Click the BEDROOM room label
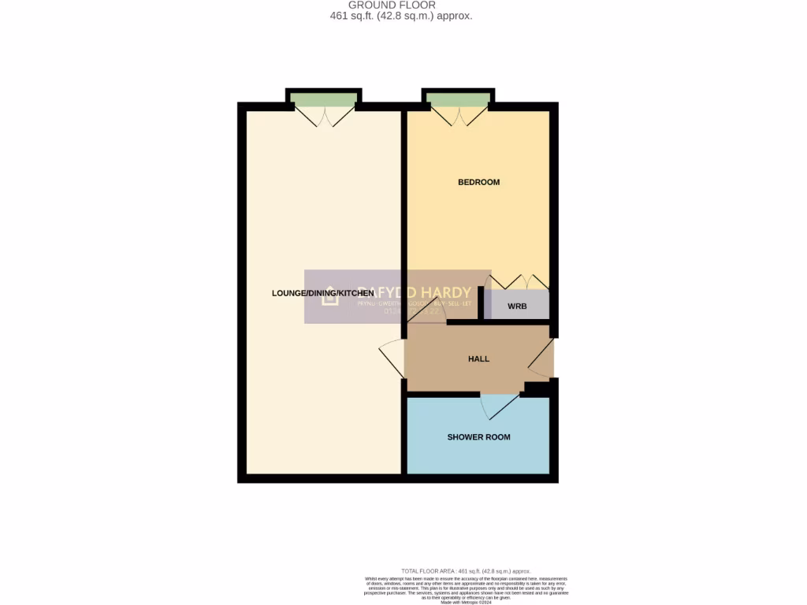click(x=479, y=182)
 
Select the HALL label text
click(x=478, y=358)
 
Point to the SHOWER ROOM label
click(x=478, y=437)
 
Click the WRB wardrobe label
click(x=516, y=306)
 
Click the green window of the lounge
click(x=323, y=98)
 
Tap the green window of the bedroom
click(x=459, y=98)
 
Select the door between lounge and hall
click(x=392, y=359)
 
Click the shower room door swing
click(x=499, y=406)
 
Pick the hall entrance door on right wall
click(x=542, y=358)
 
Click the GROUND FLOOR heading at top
click(x=392, y=5)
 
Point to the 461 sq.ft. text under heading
click(x=401, y=16)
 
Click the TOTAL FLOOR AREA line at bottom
click(x=466, y=571)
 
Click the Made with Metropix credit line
click(x=465, y=603)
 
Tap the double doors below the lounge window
click(x=323, y=117)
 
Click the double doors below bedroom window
click(x=459, y=117)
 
